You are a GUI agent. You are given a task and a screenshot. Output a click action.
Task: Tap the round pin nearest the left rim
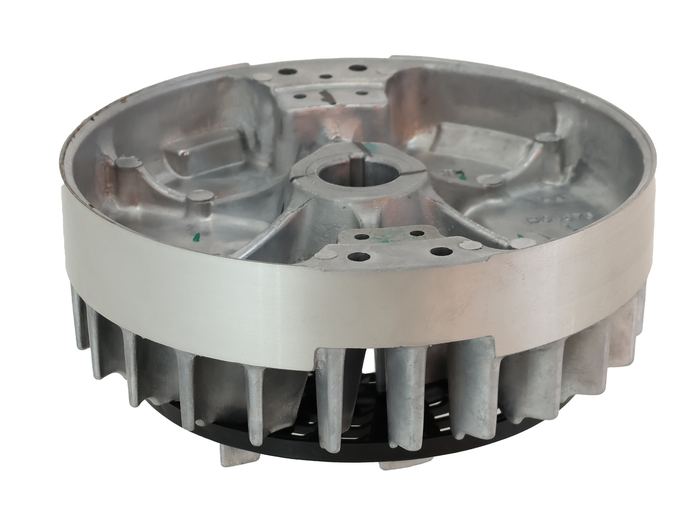pyautogui.click(x=127, y=160)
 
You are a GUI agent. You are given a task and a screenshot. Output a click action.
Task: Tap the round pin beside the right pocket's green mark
pyautogui.click(x=490, y=179)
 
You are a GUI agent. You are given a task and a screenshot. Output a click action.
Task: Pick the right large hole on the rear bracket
pyautogui.click(x=357, y=68)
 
